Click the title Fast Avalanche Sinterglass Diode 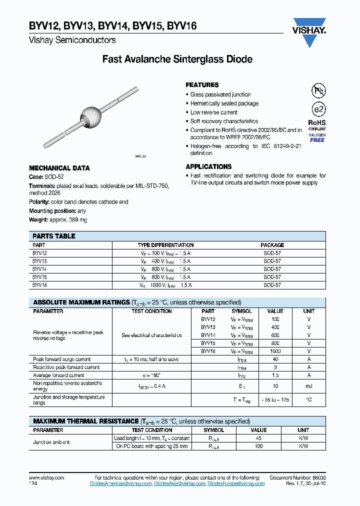point(177,59)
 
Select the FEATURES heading point(202,85)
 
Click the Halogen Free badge point(317,137)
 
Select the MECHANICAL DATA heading point(59,168)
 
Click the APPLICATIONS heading point(208,166)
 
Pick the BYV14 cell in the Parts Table point(39,269)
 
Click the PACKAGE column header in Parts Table point(272,245)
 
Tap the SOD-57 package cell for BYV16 point(272,285)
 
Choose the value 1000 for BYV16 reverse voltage point(275,351)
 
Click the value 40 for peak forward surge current point(275,359)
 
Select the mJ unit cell point(309,386)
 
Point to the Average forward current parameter point(58,375)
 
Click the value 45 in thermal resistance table point(258,438)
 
